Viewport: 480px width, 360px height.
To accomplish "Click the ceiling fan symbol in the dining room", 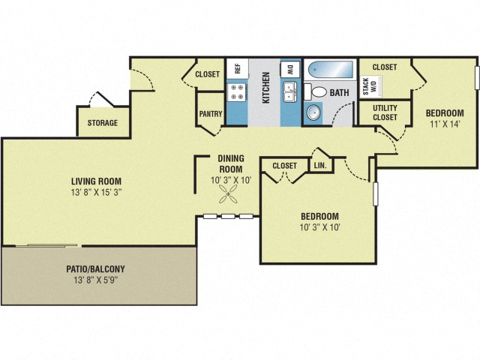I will coord(229,196).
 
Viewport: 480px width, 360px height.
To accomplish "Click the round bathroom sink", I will coord(313,114).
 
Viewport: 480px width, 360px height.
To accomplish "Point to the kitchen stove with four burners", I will coord(237,92).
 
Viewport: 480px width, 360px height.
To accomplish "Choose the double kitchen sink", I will coord(290,92).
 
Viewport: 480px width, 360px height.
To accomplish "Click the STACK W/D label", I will coord(366,86).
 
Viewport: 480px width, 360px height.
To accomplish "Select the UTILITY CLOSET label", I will coord(385,113).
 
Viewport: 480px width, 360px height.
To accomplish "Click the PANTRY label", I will coord(210,115).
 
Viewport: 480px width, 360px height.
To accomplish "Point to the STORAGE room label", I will coord(102,123).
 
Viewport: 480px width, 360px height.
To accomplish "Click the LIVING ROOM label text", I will coord(96,181).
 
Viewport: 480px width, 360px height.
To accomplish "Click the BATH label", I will coord(340,94).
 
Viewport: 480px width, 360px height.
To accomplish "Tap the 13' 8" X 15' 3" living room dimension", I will coord(96,192).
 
